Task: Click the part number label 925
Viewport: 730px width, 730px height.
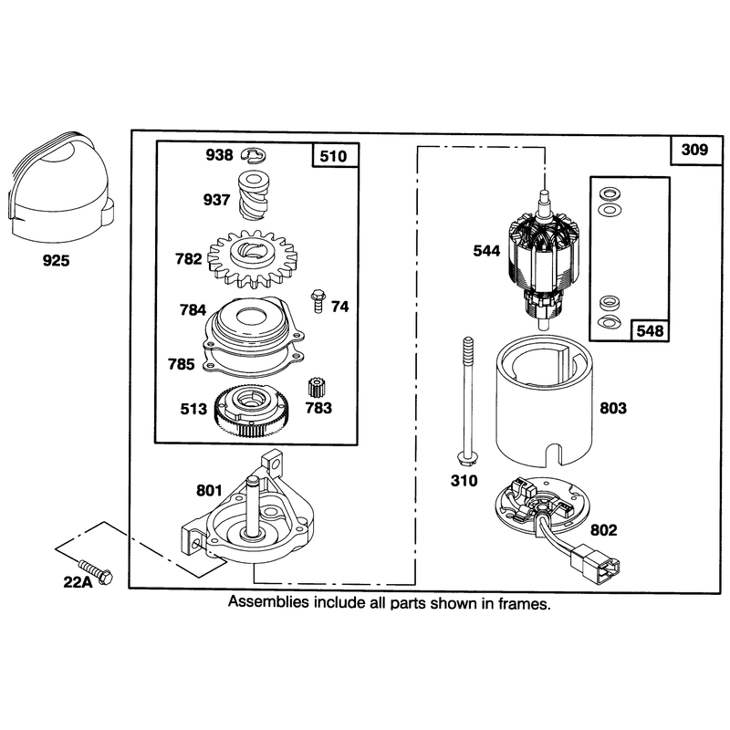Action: [x=56, y=260]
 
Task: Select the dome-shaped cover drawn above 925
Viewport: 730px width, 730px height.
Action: [x=60, y=188]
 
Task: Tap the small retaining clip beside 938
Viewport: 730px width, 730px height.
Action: [x=255, y=156]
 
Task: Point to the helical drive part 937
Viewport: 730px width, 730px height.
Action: [x=254, y=195]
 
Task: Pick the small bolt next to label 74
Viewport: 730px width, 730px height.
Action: [x=318, y=301]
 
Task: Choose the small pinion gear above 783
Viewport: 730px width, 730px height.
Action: [x=317, y=387]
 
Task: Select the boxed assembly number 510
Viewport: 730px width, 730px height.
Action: [x=333, y=156]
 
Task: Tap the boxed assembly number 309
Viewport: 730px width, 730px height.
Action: [x=694, y=150]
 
